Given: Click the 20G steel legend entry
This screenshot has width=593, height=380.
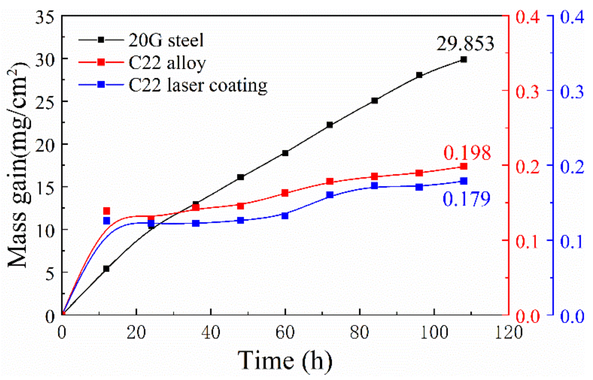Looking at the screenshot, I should [x=141, y=40].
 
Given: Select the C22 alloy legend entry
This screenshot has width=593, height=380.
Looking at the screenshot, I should [x=142, y=62].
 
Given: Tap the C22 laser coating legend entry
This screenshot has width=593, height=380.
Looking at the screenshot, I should [x=173, y=85].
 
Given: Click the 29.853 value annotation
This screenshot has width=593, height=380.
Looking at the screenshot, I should [x=465, y=43].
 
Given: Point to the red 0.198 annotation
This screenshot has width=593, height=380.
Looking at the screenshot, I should [x=467, y=152].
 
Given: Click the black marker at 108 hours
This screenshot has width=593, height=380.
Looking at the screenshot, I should [x=464, y=60].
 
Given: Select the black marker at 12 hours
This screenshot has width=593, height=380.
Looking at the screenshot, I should [x=107, y=269].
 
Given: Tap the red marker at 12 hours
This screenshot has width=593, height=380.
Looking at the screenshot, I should [x=107, y=211].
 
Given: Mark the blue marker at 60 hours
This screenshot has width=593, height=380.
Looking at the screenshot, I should [x=285, y=216].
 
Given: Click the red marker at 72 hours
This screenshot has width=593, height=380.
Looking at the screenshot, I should [x=330, y=181].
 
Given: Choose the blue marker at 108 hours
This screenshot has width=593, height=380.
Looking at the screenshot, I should [x=464, y=181].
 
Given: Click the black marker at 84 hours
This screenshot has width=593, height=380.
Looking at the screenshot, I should [x=374, y=101].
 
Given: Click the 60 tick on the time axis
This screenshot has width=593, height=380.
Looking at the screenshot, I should [x=285, y=333].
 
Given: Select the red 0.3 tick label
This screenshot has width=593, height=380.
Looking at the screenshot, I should [x=528, y=92].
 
